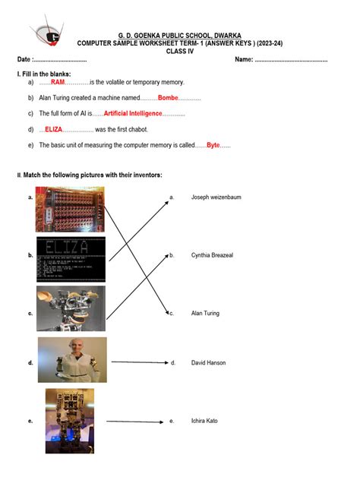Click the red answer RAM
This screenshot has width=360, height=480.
tap(58, 82)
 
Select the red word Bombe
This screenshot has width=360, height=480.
tap(168, 98)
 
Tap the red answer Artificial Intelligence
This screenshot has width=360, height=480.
tap(133, 113)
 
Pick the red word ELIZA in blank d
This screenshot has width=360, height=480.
tap(54, 129)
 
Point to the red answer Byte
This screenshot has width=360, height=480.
tap(213, 145)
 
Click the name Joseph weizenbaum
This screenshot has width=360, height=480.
tap(216, 197)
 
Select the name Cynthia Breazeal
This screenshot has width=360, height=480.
tap(212, 255)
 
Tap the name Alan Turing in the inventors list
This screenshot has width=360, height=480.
tap(205, 313)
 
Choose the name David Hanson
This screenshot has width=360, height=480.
tap(208, 363)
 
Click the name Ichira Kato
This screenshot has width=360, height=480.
tap(204, 421)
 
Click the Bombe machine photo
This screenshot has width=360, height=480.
tap(70, 210)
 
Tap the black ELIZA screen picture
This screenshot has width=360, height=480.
tap(71, 259)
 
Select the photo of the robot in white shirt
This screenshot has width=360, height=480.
tap(73, 360)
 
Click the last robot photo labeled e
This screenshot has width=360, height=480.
tap(70, 422)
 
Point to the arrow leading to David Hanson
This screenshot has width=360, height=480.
tap(140, 362)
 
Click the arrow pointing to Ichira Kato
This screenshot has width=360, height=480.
tap(135, 422)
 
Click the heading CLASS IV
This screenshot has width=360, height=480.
tap(180, 52)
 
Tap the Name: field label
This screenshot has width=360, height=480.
tap(244, 59)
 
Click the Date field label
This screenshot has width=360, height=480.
tap(25, 59)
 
